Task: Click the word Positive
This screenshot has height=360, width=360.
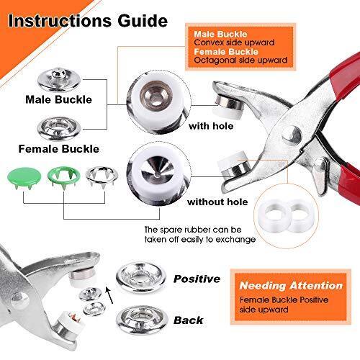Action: coord(197,277)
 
